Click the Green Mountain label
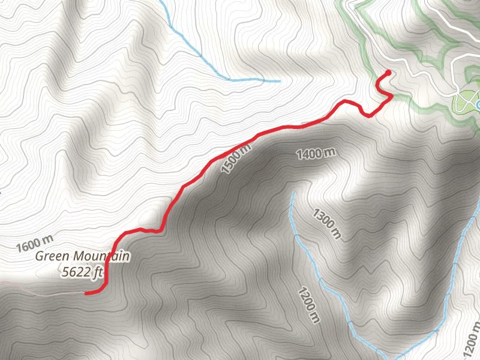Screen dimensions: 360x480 tap(82, 256)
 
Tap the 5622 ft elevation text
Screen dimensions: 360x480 tap(83, 272)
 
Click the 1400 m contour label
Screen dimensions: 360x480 tap(315, 154)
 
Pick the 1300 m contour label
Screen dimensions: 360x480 tap(326, 223)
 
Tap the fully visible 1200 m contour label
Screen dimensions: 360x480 tap(307, 305)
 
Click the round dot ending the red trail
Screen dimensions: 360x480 tap(388, 73)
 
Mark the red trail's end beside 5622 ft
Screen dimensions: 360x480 tap(87, 293)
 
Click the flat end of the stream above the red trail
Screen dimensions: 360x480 tap(278, 80)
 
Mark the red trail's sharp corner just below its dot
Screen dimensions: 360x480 tap(392, 95)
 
